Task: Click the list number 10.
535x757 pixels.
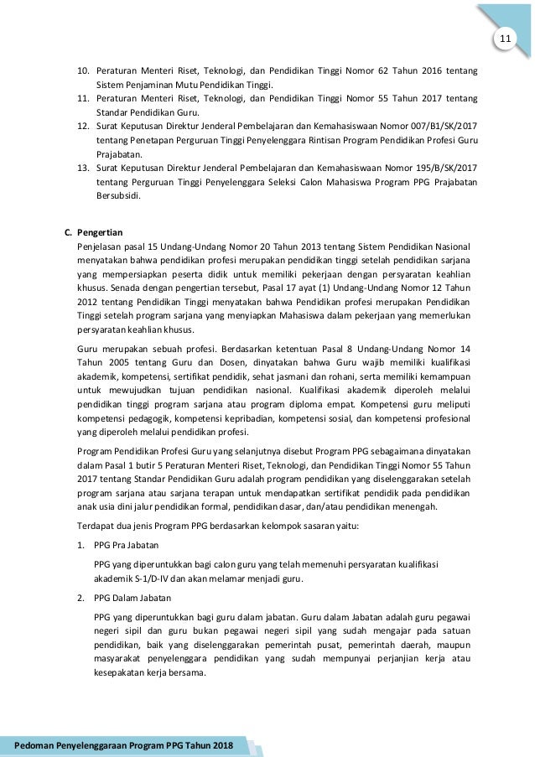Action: (x=84, y=70)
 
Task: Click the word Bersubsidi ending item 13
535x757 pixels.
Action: (x=119, y=197)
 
